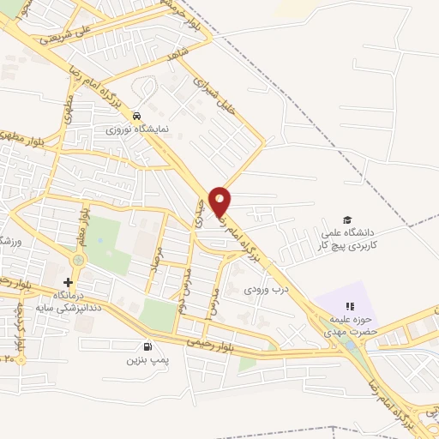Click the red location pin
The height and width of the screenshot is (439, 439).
[x=220, y=201]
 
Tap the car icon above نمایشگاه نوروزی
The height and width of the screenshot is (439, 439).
[x=137, y=116]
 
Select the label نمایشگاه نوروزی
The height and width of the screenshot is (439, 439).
[x=137, y=129]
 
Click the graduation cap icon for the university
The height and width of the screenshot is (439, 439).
[x=347, y=220]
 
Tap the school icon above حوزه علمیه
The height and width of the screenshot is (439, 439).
[x=349, y=306]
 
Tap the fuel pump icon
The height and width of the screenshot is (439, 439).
[x=149, y=347]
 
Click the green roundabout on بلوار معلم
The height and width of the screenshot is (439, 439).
[x=79, y=260]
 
